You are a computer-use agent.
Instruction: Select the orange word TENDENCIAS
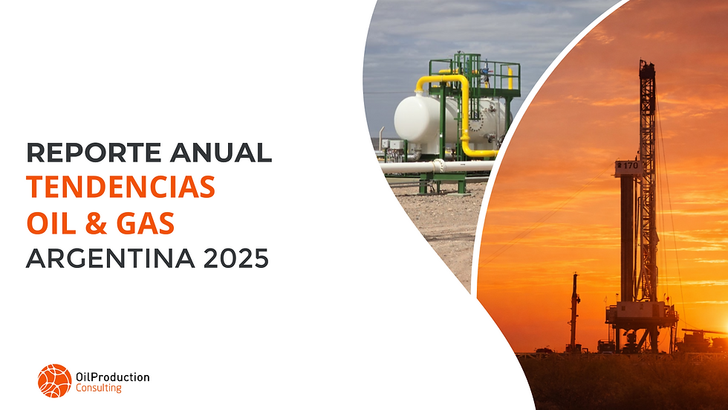point(121,188)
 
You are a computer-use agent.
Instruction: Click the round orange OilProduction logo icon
point(54,380)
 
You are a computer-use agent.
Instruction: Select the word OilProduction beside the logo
point(113,377)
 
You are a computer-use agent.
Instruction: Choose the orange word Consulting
point(99,388)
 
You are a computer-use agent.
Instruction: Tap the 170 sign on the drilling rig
point(630,164)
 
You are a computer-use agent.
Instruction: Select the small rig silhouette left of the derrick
point(574,313)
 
